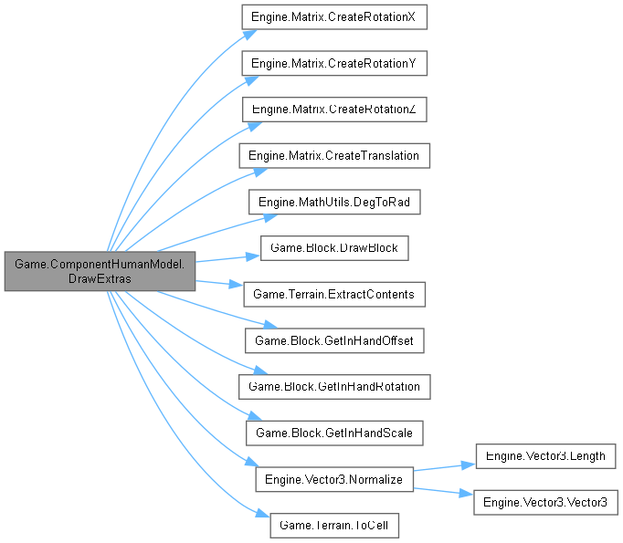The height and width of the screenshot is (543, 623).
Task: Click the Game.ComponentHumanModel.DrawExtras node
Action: pos(100,270)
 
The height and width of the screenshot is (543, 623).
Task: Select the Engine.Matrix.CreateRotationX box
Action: pos(333,17)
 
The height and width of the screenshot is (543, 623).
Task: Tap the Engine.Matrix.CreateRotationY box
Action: pos(333,64)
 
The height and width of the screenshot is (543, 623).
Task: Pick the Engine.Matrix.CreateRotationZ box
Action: pos(333,110)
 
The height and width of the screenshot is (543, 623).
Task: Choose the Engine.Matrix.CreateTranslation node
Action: pos(333,156)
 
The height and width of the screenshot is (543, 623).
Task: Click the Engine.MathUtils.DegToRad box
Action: pos(333,202)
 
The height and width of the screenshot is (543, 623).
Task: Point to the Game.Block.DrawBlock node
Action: pos(333,248)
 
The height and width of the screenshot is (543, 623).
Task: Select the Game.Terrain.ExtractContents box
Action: pos(333,294)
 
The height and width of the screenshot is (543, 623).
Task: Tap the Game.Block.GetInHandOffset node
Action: pos(333,340)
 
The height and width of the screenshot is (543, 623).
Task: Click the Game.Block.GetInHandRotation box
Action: pos(333,386)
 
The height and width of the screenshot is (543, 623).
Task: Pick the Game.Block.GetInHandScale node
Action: pos(333,433)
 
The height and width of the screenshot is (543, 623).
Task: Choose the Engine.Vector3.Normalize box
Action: pos(333,478)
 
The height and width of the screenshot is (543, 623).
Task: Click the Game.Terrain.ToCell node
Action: pos(333,525)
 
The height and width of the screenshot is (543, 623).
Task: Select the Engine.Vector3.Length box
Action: pos(544,455)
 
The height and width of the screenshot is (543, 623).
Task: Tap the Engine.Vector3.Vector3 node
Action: pos(544,501)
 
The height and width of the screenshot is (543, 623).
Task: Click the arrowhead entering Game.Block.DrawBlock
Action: pos(256,256)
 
